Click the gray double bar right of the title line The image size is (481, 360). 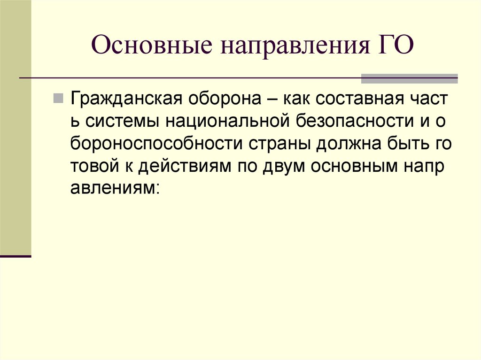click(x=409, y=78)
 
